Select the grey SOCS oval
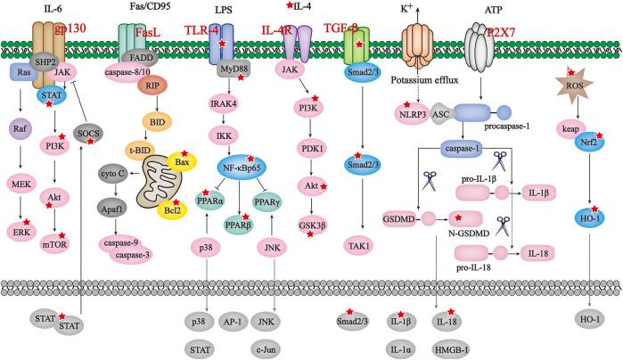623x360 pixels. click(x=88, y=133)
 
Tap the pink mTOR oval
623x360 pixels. click(x=58, y=215)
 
